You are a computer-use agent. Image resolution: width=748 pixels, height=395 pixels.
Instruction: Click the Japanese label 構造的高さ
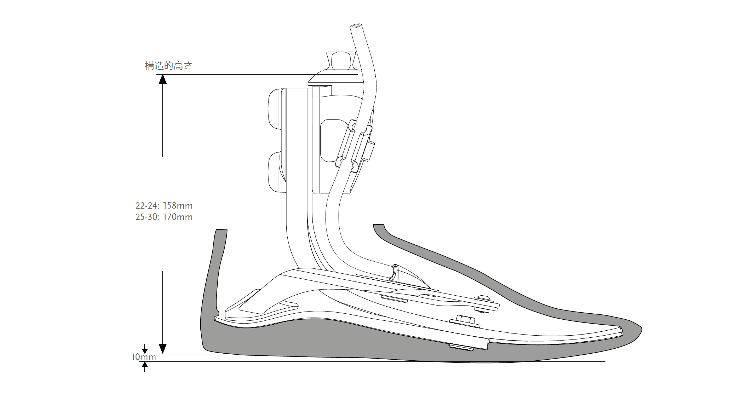point(168,66)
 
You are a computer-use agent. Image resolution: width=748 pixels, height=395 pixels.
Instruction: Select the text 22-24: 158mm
point(164,206)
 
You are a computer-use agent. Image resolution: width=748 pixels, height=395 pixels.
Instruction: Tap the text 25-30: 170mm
point(164,217)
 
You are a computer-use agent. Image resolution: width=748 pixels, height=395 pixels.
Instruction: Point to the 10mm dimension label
point(143,357)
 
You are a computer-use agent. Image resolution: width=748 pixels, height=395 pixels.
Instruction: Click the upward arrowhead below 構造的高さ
point(162,79)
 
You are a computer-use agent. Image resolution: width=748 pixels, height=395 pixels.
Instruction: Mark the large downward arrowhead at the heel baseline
point(162,348)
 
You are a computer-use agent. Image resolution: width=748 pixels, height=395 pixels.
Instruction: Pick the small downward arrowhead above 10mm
point(144,350)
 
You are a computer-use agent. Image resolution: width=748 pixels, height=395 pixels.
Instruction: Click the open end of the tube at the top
point(355,27)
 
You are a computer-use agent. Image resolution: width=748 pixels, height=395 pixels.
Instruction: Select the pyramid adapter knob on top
point(341,61)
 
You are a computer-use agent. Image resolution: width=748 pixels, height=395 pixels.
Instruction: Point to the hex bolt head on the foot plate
point(464,320)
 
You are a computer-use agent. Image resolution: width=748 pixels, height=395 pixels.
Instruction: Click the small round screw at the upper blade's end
point(482,299)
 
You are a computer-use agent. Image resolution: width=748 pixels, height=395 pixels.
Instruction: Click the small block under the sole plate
point(461,347)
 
